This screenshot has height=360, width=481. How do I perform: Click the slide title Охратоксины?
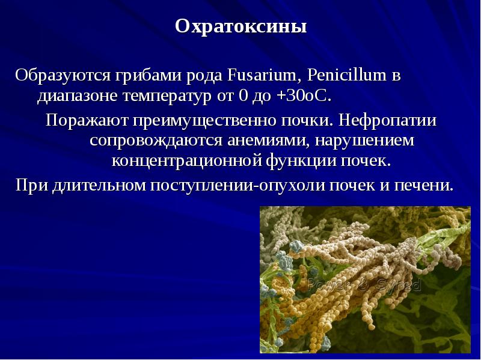pos(240,27)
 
